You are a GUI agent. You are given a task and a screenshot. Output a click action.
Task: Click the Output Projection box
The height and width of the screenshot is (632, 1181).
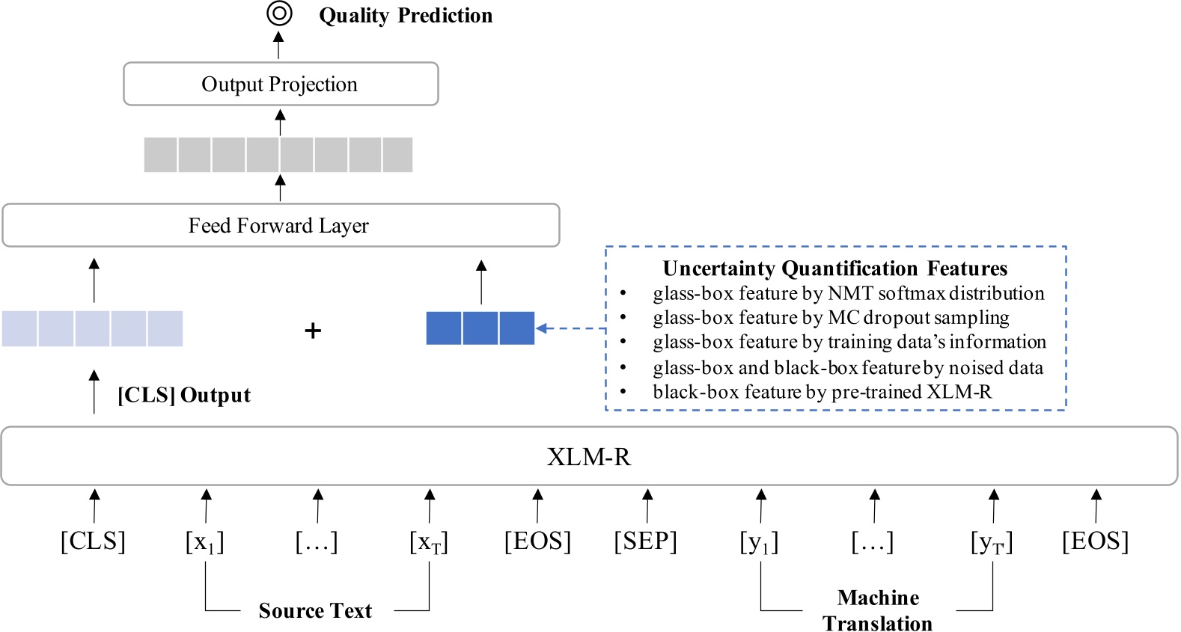(280, 84)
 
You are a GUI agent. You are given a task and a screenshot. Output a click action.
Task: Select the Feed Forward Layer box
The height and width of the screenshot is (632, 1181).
(280, 225)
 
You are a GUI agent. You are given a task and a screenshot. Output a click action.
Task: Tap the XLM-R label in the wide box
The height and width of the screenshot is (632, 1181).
(589, 456)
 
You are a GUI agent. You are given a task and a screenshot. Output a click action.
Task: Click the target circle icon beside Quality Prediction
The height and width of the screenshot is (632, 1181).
(279, 13)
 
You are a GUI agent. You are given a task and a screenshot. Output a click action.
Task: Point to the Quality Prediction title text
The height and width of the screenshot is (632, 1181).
(406, 16)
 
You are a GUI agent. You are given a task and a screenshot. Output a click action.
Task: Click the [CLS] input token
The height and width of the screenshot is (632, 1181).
(93, 541)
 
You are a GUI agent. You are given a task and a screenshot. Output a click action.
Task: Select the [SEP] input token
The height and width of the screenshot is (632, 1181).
(645, 541)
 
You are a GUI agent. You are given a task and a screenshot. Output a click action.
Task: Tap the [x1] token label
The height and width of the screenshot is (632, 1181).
(205, 542)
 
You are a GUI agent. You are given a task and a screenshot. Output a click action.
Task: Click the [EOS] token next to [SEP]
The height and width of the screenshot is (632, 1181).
(537, 541)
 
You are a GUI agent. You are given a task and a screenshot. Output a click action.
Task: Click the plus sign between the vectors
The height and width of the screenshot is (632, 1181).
(313, 330)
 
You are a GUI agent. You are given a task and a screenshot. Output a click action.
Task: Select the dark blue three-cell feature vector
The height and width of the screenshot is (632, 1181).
(480, 328)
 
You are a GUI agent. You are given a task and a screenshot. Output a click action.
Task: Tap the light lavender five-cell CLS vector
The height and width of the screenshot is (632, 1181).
(92, 328)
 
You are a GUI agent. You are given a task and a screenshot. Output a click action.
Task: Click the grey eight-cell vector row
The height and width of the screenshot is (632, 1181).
(278, 155)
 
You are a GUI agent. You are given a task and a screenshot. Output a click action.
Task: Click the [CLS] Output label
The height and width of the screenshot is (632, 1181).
(184, 395)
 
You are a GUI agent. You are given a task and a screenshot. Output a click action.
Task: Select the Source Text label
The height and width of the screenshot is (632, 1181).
(315, 610)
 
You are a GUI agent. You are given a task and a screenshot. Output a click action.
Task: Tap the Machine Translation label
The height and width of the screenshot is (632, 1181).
(878, 610)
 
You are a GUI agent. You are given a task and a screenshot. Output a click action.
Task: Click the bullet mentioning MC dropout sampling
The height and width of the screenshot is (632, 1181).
(831, 318)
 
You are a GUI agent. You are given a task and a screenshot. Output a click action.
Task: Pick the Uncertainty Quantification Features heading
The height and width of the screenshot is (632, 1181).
(835, 269)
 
